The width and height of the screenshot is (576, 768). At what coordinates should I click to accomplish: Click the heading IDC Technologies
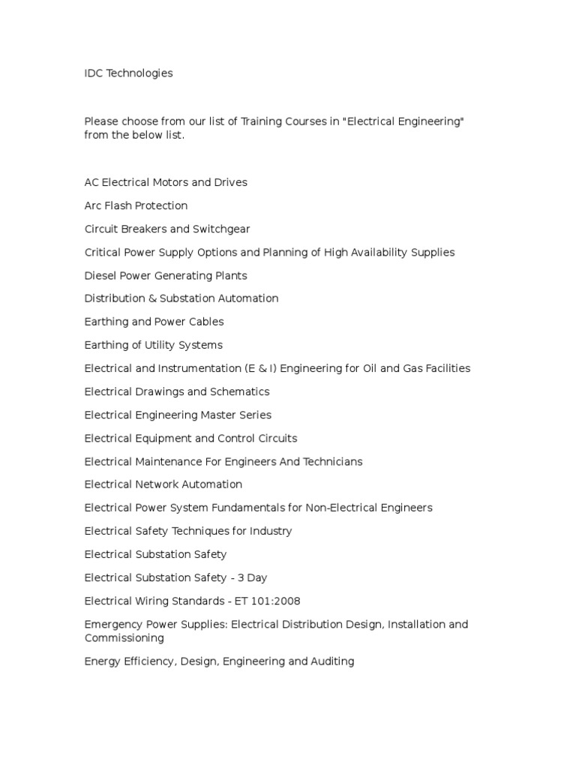pos(128,73)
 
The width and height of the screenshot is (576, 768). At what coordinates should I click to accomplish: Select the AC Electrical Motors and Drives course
pos(166,182)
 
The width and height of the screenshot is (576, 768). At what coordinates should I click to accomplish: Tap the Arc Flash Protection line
pos(136,205)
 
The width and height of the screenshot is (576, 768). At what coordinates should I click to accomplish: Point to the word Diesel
pos(100,275)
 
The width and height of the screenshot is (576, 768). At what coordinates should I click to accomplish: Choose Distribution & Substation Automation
pos(181,298)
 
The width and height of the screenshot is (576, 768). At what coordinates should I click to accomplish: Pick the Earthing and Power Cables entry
pos(154,322)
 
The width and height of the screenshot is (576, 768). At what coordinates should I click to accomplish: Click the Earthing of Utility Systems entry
pos(153,345)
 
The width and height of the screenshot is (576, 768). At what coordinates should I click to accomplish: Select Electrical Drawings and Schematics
pos(177,391)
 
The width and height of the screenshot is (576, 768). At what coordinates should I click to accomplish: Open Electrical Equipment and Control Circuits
pos(190,438)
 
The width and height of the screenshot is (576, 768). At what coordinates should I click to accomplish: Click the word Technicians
pos(332,461)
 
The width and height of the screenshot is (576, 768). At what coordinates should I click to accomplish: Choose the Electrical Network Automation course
pos(163,484)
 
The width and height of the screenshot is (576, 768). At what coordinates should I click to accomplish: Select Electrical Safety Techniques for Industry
pos(188,531)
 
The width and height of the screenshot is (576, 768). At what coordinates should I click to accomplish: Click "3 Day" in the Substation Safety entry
pos(251,577)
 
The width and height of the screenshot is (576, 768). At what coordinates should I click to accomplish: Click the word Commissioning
pos(124,638)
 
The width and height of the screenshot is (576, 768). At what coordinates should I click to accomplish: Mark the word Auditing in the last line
pos(331,661)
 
